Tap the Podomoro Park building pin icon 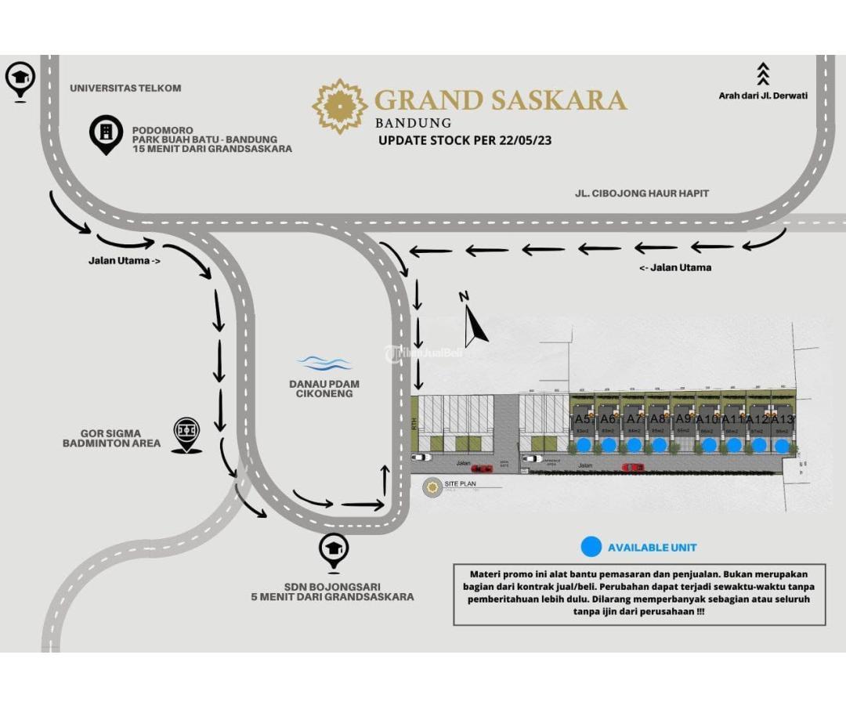(106, 133)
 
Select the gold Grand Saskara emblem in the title (339, 106)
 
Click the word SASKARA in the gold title (558, 101)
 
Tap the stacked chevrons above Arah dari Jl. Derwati (763, 74)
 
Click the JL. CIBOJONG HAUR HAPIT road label (641, 194)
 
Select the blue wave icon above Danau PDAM (324, 364)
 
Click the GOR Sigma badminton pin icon (186, 433)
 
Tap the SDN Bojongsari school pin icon (334, 551)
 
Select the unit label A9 (683, 419)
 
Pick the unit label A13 (783, 420)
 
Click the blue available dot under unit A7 (634, 445)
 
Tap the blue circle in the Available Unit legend (591, 547)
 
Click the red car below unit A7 (633, 468)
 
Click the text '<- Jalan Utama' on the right (675, 268)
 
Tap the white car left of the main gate (421, 458)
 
